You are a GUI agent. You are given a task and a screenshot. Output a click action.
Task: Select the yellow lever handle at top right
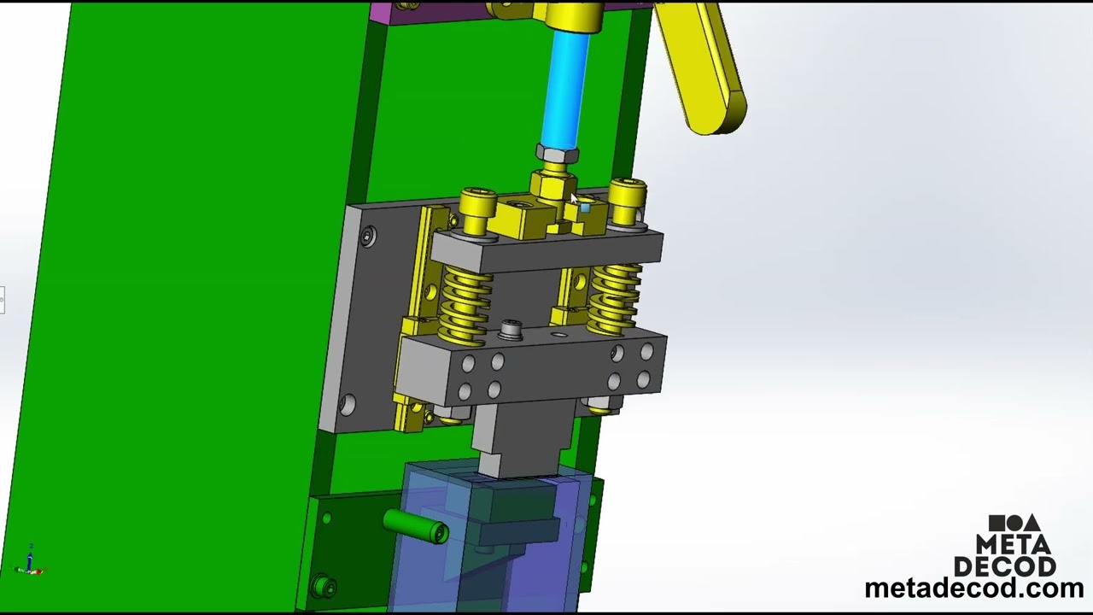pos(704,68)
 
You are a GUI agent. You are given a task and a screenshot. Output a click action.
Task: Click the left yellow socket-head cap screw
pos(477,206)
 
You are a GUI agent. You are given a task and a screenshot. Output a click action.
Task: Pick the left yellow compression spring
pos(465,303)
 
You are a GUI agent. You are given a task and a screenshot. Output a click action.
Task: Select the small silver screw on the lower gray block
pos(511,328)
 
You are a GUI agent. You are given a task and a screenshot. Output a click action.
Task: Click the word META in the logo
pos(1014,544)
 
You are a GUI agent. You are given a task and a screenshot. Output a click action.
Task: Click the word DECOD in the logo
pos(1005,565)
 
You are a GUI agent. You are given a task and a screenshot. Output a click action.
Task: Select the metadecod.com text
pos(973,589)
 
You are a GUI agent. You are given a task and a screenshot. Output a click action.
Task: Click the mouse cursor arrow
pos(574,200)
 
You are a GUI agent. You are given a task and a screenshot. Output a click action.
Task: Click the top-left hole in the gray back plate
pos(368,237)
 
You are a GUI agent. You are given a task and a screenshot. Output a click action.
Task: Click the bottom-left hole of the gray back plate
pos(348,405)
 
